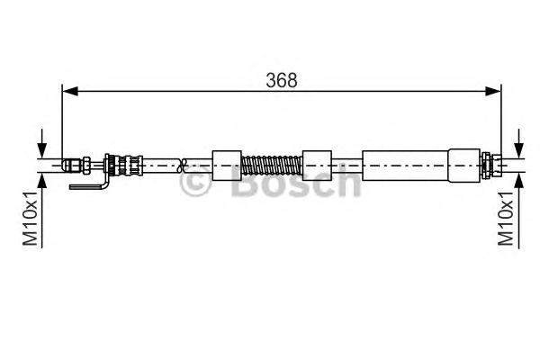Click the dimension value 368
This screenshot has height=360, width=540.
pyautogui.click(x=282, y=80)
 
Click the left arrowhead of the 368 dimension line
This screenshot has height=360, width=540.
pyautogui.click(x=70, y=91)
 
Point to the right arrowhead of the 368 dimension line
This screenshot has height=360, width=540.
pyautogui.click(x=493, y=91)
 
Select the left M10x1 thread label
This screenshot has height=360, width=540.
pyautogui.click(x=30, y=219)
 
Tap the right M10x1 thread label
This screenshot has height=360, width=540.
pyautogui.click(x=506, y=219)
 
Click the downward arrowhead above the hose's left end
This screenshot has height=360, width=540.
pyautogui.click(x=42, y=150)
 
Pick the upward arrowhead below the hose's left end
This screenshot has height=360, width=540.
pyautogui.click(x=42, y=181)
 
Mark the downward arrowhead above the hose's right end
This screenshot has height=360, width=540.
pyautogui.click(x=518, y=150)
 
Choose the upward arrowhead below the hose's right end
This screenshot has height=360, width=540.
pyautogui.click(x=518, y=181)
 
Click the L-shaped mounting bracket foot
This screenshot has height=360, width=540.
pyautogui.click(x=88, y=186)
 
